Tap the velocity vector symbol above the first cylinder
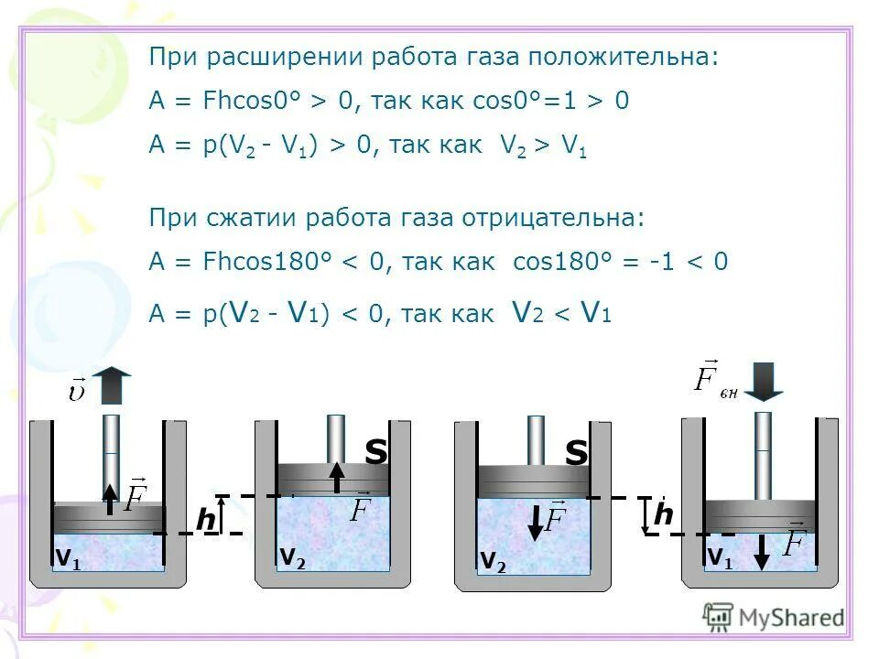[x=77, y=391]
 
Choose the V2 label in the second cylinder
[x=292, y=556]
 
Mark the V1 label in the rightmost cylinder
[x=719, y=556]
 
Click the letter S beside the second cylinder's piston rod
[x=376, y=451]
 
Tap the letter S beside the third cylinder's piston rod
[x=576, y=452]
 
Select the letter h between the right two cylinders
[x=663, y=515]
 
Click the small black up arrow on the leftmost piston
[x=109, y=499]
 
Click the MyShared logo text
[x=790, y=618]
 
